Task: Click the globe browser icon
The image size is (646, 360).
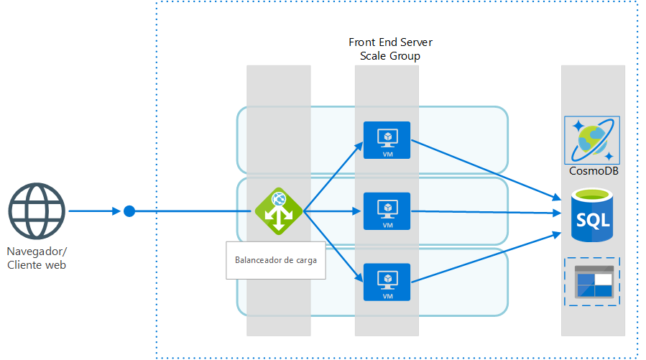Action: point(37,212)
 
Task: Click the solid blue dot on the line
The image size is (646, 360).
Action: point(129,211)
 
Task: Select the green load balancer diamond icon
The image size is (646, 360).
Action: point(278,211)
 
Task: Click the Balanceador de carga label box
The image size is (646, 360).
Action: point(275,260)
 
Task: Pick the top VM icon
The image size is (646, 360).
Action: point(387,139)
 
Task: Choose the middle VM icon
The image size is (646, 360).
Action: point(387,211)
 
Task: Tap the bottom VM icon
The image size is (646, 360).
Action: point(387,282)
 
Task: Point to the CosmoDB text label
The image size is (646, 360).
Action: point(593,171)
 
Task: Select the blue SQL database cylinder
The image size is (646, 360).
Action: point(592,216)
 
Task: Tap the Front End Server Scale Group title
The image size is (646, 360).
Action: point(390,49)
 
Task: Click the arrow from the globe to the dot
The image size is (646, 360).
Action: point(93,211)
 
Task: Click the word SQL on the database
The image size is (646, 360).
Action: point(592,218)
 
